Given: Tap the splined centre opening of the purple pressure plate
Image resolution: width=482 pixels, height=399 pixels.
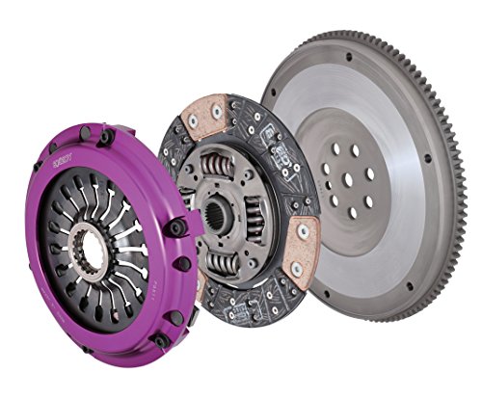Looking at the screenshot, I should (x=94, y=252).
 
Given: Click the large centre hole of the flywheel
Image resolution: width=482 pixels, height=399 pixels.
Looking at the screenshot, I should (x=352, y=177).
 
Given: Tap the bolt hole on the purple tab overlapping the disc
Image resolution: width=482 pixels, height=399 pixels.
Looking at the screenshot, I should (x=177, y=227).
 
